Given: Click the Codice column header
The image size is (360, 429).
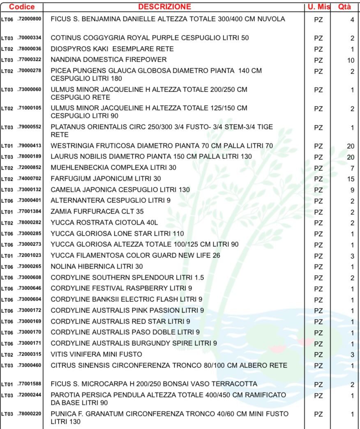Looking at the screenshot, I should [x=22, y=7].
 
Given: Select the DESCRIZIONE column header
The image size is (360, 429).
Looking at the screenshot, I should [x=164, y=7].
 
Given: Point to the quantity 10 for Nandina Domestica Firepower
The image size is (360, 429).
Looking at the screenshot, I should [x=351, y=60].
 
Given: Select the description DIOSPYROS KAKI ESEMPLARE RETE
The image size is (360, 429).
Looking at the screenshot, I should [x=112, y=49].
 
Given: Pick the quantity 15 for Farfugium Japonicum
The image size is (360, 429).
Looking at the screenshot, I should [x=351, y=179].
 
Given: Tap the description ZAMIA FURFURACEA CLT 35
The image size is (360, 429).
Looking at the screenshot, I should [x=97, y=212].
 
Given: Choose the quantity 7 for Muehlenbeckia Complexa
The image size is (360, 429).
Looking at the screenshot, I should [x=352, y=168].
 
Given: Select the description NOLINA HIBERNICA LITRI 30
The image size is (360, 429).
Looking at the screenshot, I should [x=97, y=266].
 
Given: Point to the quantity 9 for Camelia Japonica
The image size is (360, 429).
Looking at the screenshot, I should [x=352, y=190].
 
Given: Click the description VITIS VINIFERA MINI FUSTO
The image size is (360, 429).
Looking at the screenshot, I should [x=97, y=354].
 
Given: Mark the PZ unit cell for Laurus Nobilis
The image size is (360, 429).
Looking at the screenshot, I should [x=318, y=157].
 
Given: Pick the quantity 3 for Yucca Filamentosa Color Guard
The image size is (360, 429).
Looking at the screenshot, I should [x=352, y=256].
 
